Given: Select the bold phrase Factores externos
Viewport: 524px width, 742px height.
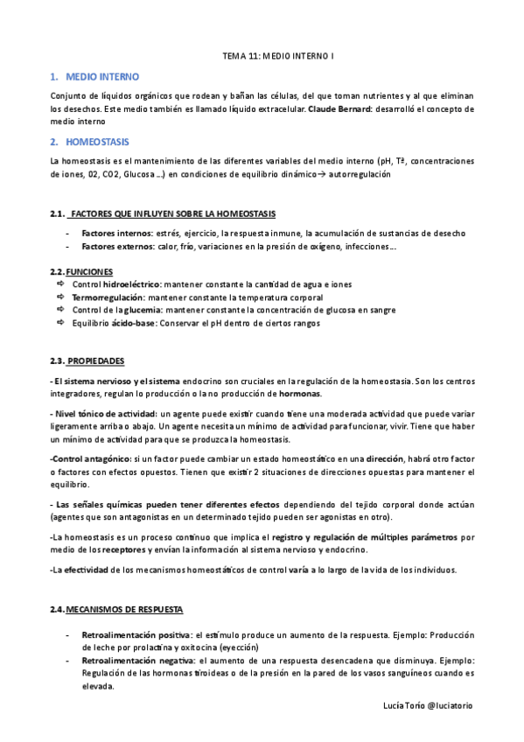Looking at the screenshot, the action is pos(117,247).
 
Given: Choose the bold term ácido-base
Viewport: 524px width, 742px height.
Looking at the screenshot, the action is pos(133,323).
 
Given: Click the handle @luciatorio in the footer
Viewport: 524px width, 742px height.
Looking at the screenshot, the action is pos(446,705).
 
